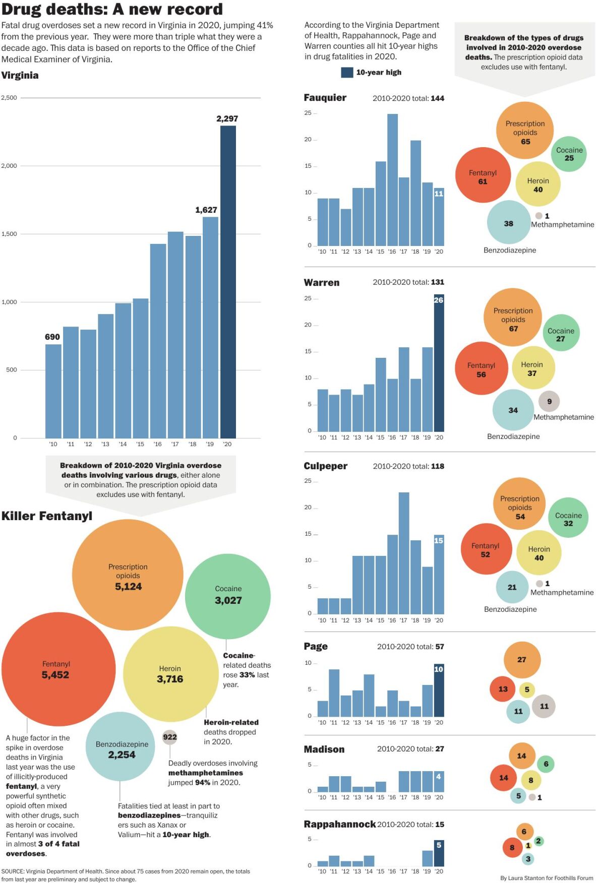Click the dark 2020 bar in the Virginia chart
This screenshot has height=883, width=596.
click(228, 282)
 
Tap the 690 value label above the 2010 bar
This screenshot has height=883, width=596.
click(52, 337)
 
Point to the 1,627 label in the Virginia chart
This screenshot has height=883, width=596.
click(206, 210)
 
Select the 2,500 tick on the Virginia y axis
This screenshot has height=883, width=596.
click(9, 98)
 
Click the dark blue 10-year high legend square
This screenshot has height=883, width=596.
click(347, 73)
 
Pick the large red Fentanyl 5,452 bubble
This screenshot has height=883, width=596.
click(58, 669)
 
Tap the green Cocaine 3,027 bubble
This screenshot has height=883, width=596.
click(228, 596)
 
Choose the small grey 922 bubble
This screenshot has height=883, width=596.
click(170, 737)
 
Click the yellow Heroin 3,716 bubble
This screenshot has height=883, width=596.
click(170, 674)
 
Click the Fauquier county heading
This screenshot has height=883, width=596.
click(325, 98)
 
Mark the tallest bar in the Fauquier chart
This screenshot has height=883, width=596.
click(392, 180)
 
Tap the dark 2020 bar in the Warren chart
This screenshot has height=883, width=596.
click(439, 363)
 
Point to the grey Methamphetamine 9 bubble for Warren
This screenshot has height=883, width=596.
click(549, 401)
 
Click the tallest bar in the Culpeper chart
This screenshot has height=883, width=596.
click(404, 553)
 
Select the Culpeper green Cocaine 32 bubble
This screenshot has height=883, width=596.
click(568, 518)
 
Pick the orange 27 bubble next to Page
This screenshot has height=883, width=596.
click(522, 660)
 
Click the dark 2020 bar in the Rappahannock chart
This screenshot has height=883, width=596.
click(439, 853)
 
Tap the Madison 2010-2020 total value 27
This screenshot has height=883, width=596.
click(440, 749)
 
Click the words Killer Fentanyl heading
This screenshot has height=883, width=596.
click(47, 516)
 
